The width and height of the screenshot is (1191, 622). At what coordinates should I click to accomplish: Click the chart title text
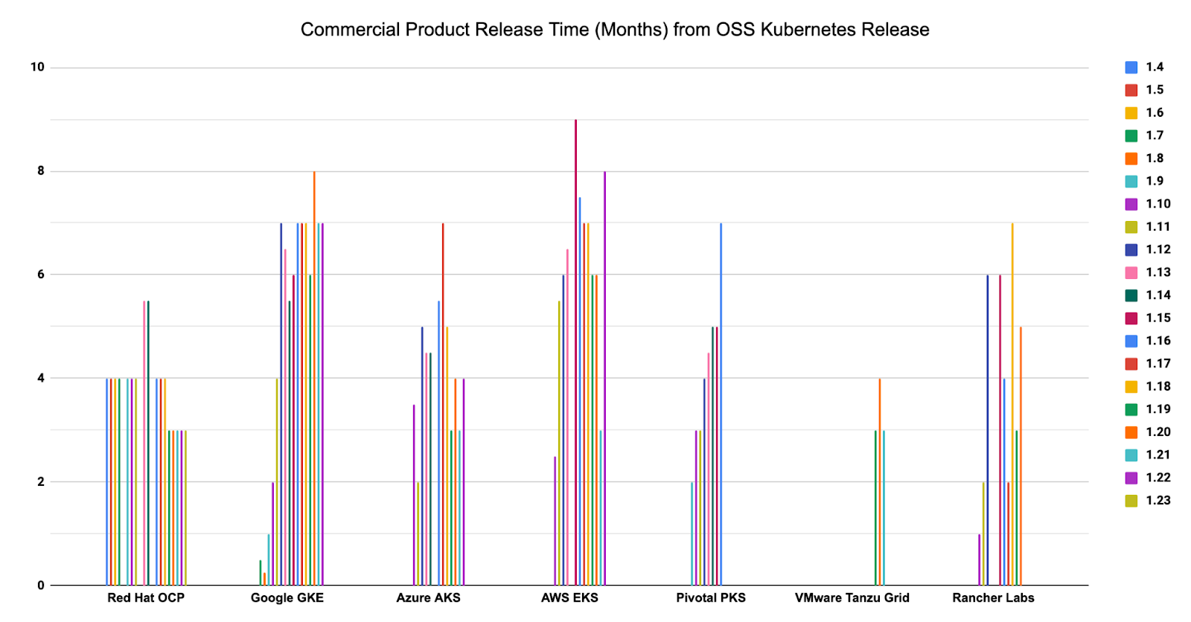[614, 30]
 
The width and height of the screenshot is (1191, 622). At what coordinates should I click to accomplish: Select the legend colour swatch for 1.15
[1131, 318]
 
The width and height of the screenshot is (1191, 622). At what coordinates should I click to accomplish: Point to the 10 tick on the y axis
[37, 68]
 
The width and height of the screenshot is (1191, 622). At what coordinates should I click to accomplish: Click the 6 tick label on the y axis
[41, 275]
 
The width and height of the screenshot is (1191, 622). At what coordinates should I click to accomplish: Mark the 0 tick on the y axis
[41, 586]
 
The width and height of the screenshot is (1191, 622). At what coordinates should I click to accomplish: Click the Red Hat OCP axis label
[146, 598]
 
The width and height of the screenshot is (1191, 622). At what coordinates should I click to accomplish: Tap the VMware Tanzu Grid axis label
[852, 598]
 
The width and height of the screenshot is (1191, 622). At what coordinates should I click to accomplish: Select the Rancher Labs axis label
[993, 598]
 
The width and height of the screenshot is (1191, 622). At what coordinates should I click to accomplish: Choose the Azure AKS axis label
[428, 598]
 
